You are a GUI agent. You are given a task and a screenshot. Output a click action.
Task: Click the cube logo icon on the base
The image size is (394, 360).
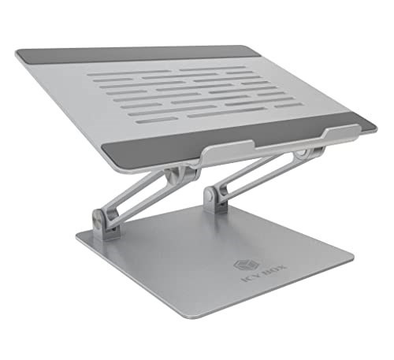pos(242,265)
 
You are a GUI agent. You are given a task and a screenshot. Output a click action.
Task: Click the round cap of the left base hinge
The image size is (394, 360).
pos(97,217)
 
